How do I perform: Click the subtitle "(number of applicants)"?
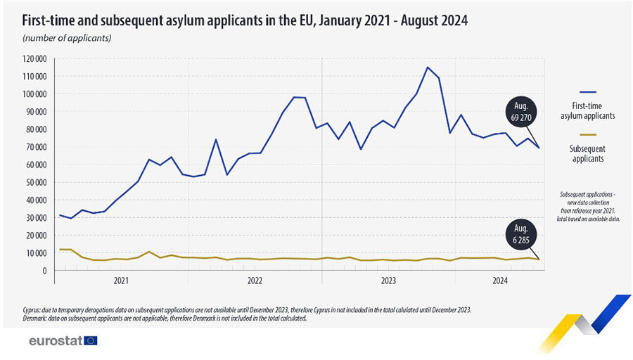pyautogui.click(x=66, y=37)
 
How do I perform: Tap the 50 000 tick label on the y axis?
pyautogui.click(x=36, y=182)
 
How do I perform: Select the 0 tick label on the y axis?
pyautogui.click(x=44, y=271)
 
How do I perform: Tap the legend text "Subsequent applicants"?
pyautogui.click(x=588, y=153)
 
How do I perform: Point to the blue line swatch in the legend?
pyautogui.click(x=588, y=92)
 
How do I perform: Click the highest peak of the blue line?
pyautogui.click(x=428, y=67)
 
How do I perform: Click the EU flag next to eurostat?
pyautogui.click(x=90, y=341)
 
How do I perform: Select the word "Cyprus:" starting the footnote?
pyautogui.click(x=34, y=309)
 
